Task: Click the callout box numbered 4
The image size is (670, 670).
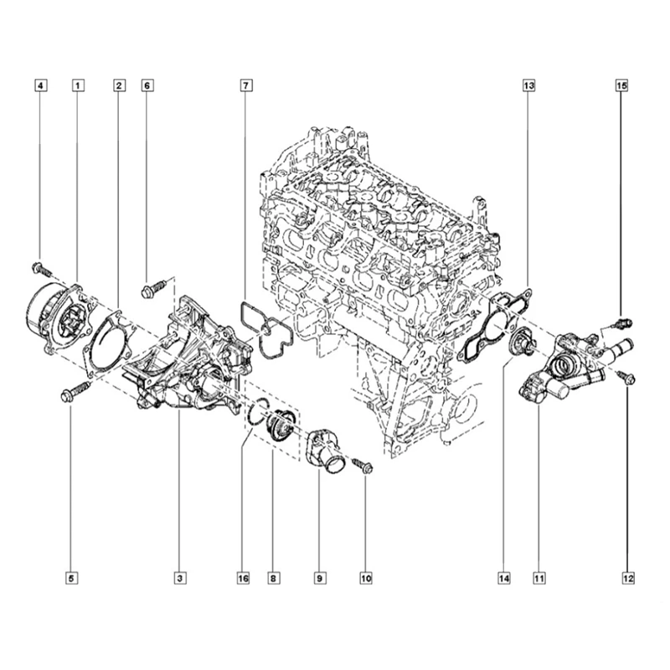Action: click(41, 85)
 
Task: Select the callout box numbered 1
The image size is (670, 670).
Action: click(77, 85)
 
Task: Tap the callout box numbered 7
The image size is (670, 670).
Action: click(245, 85)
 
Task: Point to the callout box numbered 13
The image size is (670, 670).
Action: click(529, 85)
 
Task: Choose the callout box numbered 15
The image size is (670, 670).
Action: click(621, 85)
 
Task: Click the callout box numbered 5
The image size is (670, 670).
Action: click(71, 578)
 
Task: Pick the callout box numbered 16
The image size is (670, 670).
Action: click(243, 578)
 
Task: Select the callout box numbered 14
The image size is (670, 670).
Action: click(503, 578)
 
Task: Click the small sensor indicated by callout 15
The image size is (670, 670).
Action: click(623, 322)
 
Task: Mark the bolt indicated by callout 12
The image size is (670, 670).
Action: click(628, 379)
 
